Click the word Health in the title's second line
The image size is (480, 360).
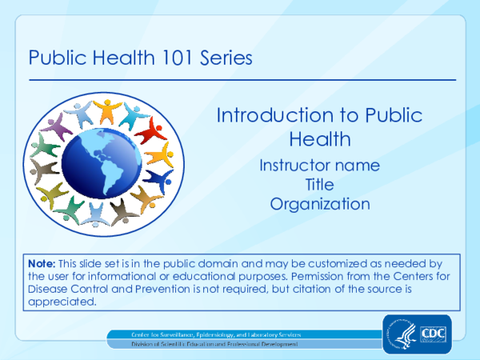point(320,138)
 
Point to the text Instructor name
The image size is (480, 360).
point(320,166)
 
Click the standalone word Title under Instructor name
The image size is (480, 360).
point(320,185)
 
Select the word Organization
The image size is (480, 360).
point(320,204)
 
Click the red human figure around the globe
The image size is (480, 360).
point(150,129)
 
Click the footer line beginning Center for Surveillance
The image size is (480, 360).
point(217,333)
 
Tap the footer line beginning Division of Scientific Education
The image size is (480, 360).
point(215,344)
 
